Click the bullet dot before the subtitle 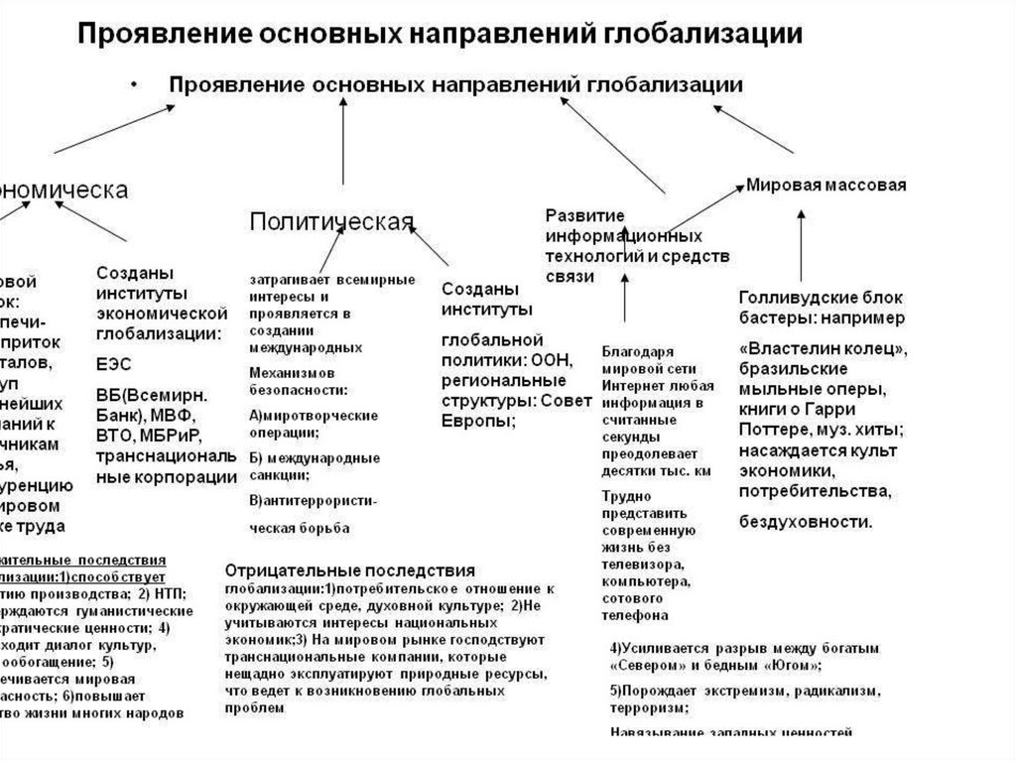pyautogui.click(x=135, y=85)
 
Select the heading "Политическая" pyautogui.click(x=330, y=220)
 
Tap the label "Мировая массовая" pyautogui.click(x=825, y=185)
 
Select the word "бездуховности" pyautogui.click(x=806, y=521)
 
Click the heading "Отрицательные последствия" pyautogui.click(x=349, y=571)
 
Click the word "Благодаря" pyautogui.click(x=637, y=350)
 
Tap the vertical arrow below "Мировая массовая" pyautogui.click(x=803, y=248)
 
